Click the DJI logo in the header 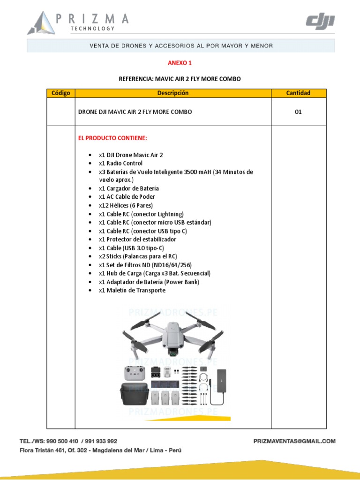click(x=320, y=22)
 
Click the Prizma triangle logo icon click(x=41, y=23)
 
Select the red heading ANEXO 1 click(x=180, y=63)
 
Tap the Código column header click(x=61, y=93)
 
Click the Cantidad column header click(x=298, y=93)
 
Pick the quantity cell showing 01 click(x=298, y=112)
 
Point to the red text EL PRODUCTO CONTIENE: click(x=112, y=138)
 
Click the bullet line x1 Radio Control click(x=120, y=163)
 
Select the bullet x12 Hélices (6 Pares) click(x=126, y=205)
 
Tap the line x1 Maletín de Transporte click(x=132, y=290)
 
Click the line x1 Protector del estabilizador click(x=137, y=239)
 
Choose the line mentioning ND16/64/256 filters click(x=145, y=265)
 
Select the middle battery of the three click(x=165, y=397)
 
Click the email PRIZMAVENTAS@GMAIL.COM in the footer click(x=294, y=441)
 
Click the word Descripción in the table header click(x=172, y=93)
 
